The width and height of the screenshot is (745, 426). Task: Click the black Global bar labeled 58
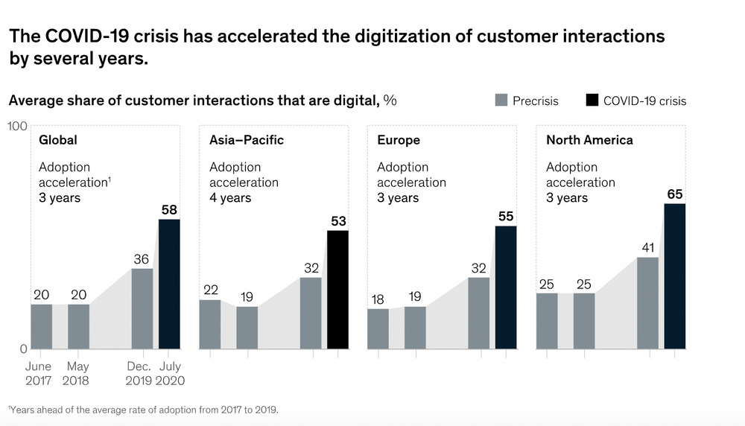(169, 284)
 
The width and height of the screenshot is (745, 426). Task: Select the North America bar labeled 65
(674, 276)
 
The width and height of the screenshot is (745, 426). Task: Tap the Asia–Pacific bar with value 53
(337, 290)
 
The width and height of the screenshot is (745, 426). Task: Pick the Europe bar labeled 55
(506, 287)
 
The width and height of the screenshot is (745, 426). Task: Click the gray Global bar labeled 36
(142, 308)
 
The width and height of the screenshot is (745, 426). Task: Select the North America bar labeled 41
(647, 302)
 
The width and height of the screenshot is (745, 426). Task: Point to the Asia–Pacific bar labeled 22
(210, 324)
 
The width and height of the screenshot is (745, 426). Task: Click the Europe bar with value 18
(378, 328)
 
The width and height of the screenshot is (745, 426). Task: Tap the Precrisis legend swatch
(502, 101)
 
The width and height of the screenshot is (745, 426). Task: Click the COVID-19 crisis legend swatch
(592, 101)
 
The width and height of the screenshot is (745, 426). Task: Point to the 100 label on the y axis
(17, 126)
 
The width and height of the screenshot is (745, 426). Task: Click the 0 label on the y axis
(23, 348)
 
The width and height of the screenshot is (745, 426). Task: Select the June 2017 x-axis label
(38, 374)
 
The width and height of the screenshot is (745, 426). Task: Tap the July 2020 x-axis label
(170, 374)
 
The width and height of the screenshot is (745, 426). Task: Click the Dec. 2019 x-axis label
(139, 374)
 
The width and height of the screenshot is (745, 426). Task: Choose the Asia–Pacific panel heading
(246, 140)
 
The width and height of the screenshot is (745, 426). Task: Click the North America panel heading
(589, 140)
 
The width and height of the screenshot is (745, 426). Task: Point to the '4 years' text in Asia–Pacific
(230, 198)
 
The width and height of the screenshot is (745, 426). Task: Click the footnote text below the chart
(141, 410)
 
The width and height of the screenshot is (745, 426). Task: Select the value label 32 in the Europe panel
(478, 267)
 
